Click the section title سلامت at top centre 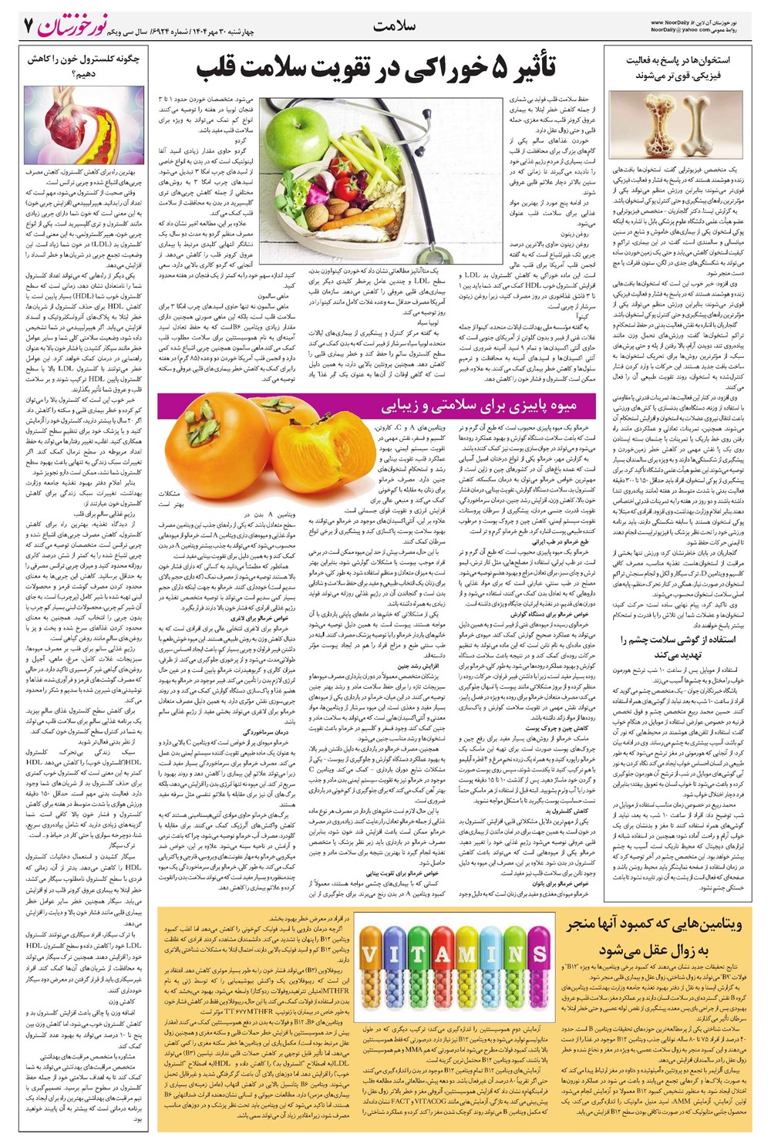[394, 26]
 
